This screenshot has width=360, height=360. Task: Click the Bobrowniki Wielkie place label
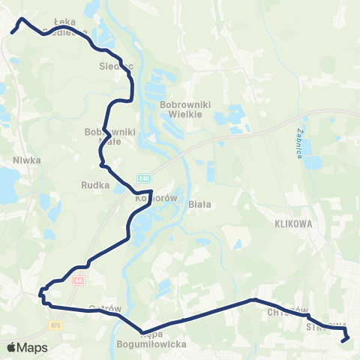pyautogui.click(x=178, y=110)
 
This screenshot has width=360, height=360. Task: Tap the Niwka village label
pyautogui.click(x=25, y=160)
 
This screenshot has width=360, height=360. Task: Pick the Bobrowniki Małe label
pyautogui.click(x=109, y=136)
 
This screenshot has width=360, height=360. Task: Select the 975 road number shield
pyautogui.click(x=55, y=325)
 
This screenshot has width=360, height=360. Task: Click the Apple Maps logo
pyautogui.click(x=27, y=348)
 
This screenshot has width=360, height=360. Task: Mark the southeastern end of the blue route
pyautogui.click(x=344, y=340)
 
